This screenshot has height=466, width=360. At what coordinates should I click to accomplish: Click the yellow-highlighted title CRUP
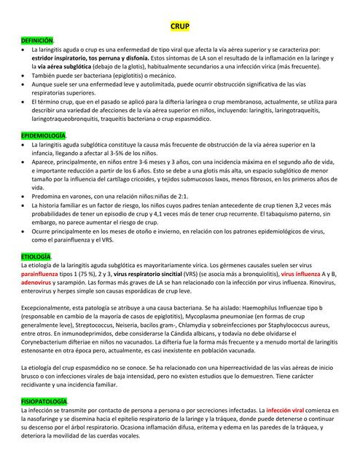[179, 26]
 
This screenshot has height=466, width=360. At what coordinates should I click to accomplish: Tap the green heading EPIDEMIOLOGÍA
[44, 136]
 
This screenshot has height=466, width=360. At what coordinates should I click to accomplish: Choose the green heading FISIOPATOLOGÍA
[44, 402]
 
